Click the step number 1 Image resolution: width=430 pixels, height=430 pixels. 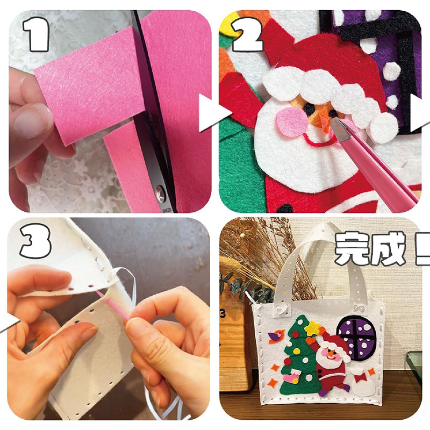pos(37,34)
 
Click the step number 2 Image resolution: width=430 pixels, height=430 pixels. pos(247,34)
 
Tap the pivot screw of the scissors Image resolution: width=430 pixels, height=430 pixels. pos(160,194)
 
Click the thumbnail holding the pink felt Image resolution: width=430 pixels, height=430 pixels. pos(32,120)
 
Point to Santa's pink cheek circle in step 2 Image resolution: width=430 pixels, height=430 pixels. pos(293,122)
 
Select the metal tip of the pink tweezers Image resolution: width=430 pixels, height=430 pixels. pos(341,130)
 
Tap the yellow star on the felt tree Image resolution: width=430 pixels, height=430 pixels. pos(313,328)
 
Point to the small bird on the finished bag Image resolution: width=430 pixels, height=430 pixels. pos(276,336)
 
